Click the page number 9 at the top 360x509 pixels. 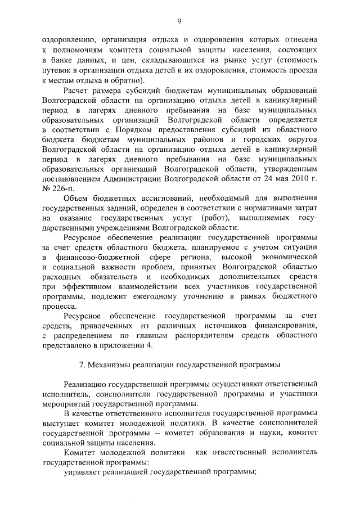(x=179, y=21)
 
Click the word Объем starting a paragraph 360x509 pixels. (x=78, y=199)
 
